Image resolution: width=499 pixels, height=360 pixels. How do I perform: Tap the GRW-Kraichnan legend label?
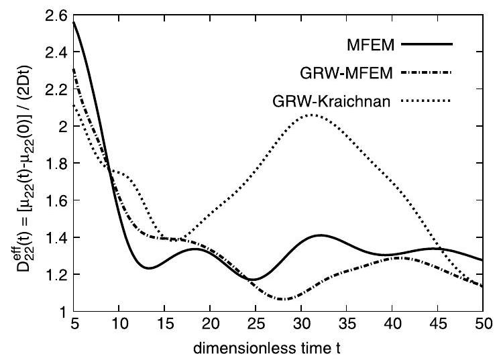(333, 101)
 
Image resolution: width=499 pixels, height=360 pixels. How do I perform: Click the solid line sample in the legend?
(425, 45)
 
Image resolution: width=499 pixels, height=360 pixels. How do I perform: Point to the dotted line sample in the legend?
(425, 101)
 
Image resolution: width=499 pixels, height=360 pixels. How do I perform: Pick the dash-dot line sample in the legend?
(425, 73)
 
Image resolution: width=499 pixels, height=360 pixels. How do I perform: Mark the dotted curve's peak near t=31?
(311, 115)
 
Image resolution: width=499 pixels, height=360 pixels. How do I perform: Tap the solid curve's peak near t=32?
(320, 235)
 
